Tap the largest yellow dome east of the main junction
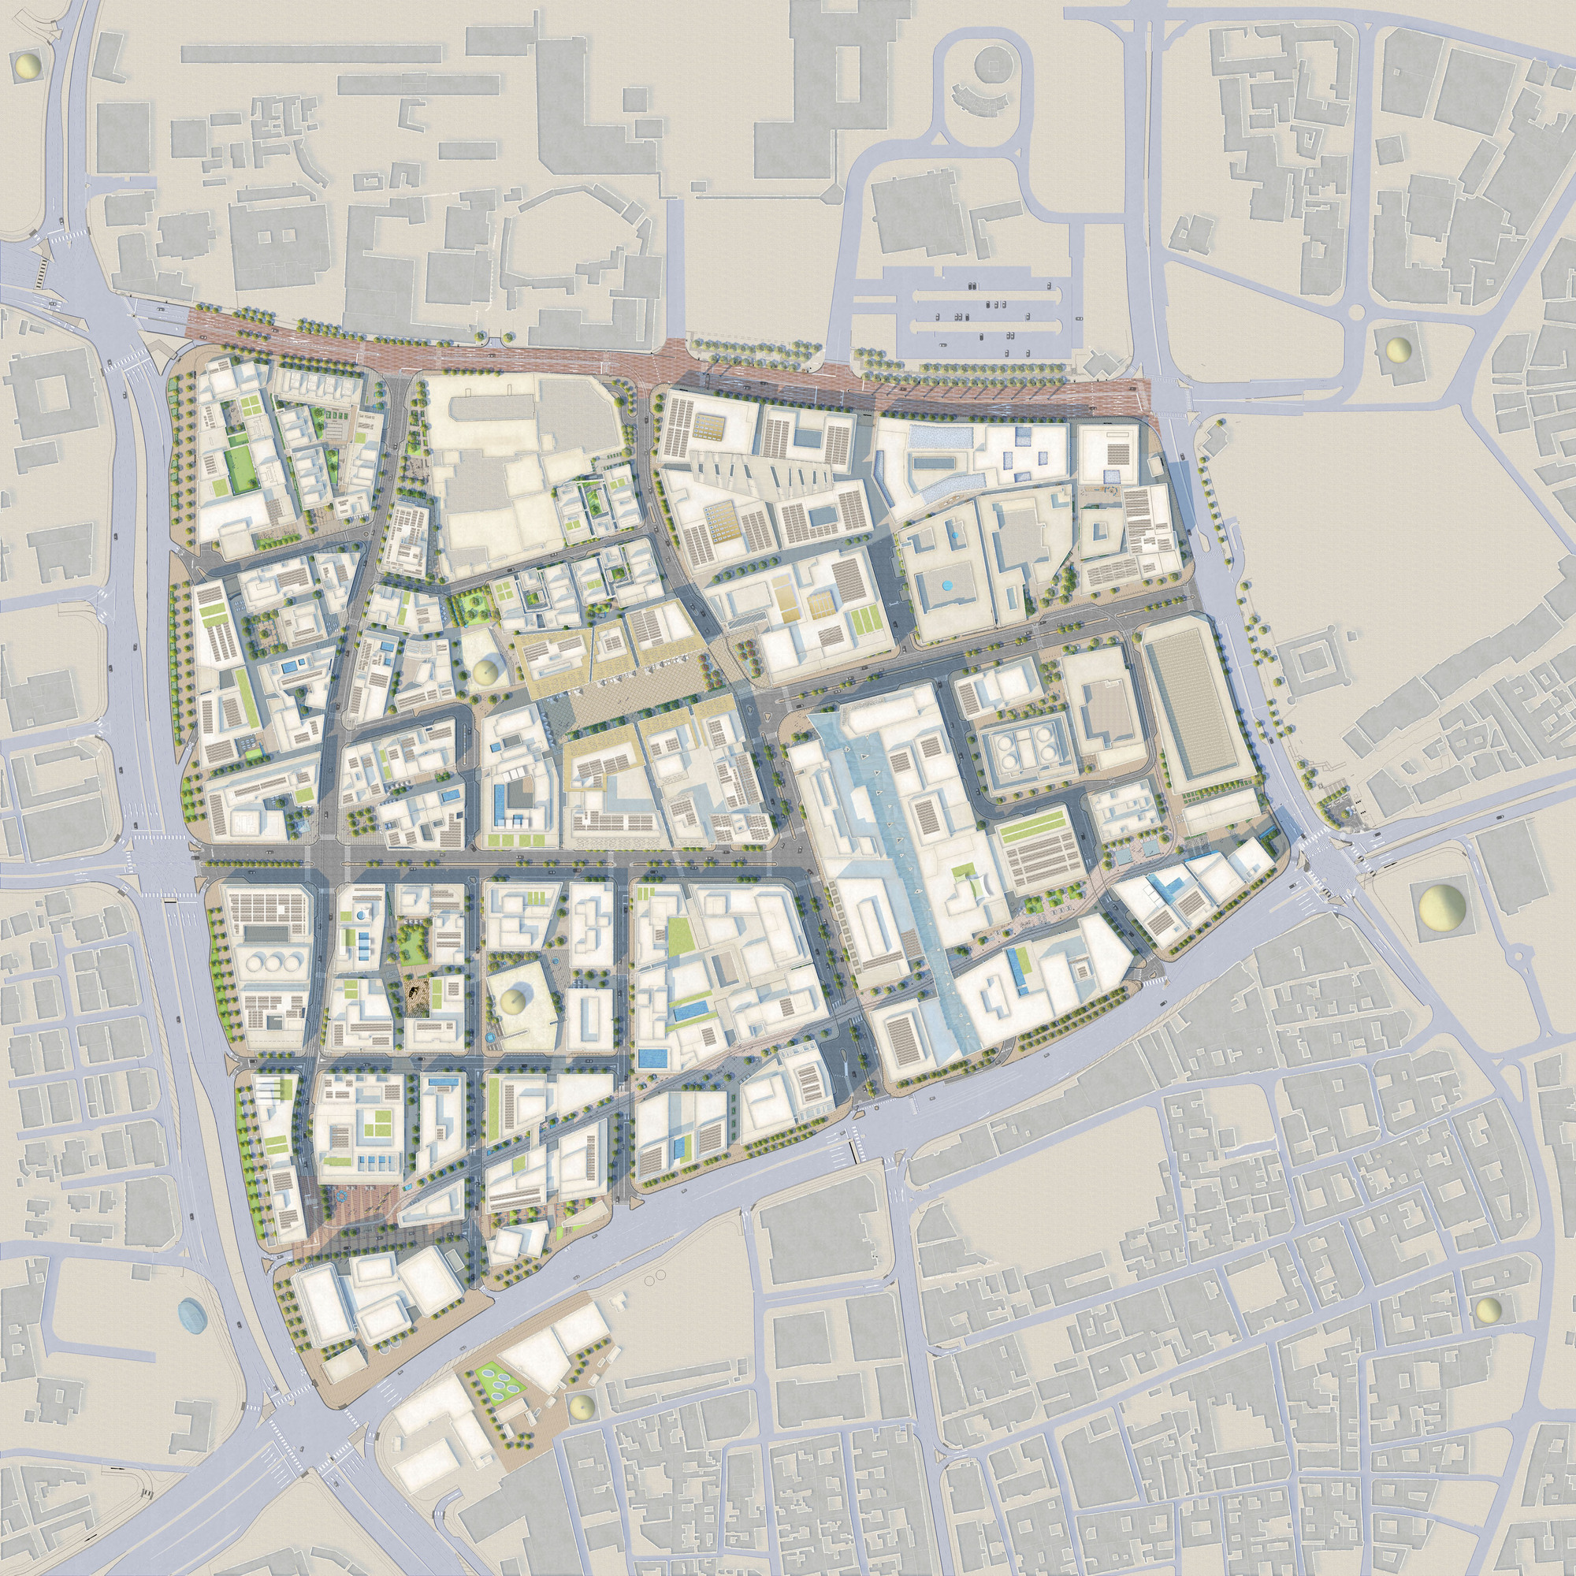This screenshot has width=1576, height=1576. pos(1440,905)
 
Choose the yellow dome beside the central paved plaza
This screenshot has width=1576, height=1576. pos(485,672)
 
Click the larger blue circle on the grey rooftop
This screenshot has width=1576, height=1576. pos(946,585)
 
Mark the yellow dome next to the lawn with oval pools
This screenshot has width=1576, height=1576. pos(581,1407)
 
